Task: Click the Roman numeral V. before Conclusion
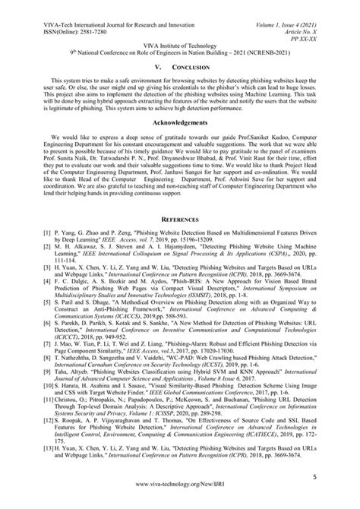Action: point(159,67)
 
